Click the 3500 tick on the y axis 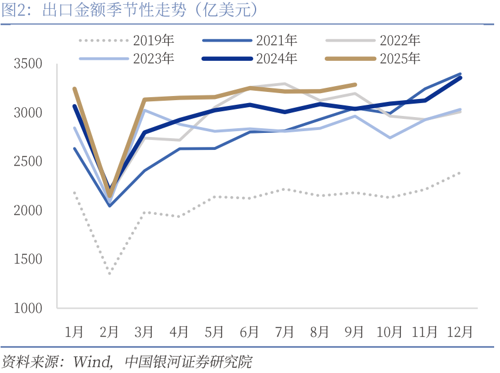[x=28, y=63]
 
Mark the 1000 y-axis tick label [x=28, y=308]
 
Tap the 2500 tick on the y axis [x=28, y=161]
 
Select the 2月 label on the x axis [x=109, y=332]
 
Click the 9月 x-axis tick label [x=355, y=332]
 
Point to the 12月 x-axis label [x=460, y=332]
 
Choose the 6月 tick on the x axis [x=249, y=332]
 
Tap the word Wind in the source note [x=89, y=361]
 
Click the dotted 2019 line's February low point [x=110, y=273]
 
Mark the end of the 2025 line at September [x=355, y=84]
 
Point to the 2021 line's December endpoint [x=460, y=74]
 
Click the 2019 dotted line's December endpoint [x=460, y=173]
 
